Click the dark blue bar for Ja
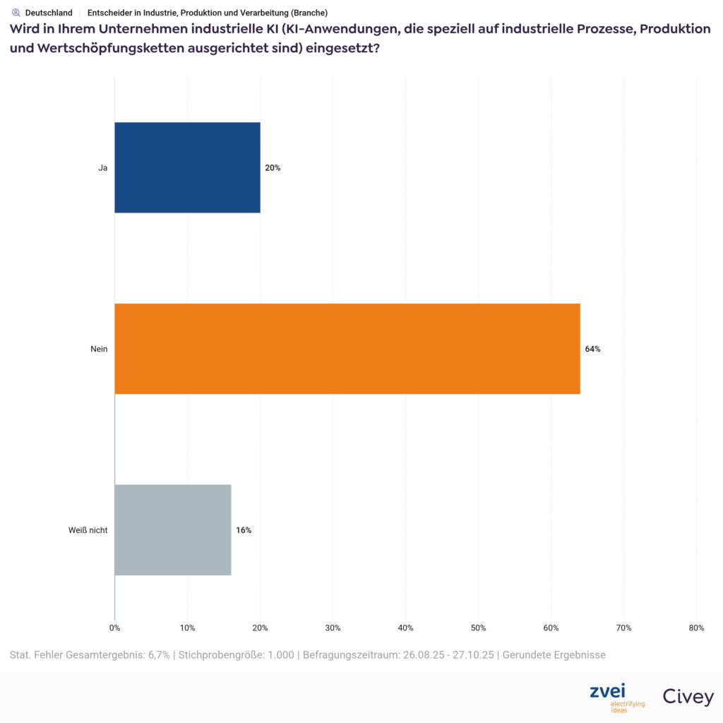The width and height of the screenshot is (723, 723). pyautogui.click(x=187, y=167)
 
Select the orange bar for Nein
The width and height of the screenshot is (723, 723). pyautogui.click(x=347, y=349)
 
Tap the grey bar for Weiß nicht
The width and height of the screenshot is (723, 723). pyautogui.click(x=172, y=530)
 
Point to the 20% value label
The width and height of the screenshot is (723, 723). pyautogui.click(x=273, y=168)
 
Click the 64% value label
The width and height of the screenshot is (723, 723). pyautogui.click(x=592, y=349)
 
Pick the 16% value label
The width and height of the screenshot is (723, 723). pyautogui.click(x=244, y=530)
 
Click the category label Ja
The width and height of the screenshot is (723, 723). pyautogui.click(x=102, y=168)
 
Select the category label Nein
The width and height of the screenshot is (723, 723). pyautogui.click(x=98, y=349)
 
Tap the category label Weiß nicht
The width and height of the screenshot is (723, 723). pyautogui.click(x=83, y=530)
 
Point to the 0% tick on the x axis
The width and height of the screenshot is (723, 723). pyautogui.click(x=114, y=628)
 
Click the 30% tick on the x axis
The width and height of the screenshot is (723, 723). pyautogui.click(x=333, y=628)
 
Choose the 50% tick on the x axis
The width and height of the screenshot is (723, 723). pyautogui.click(x=478, y=628)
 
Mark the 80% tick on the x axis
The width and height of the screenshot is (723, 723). pyautogui.click(x=695, y=628)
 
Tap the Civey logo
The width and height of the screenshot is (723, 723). pyautogui.click(x=688, y=697)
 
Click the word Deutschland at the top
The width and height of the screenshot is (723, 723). pyautogui.click(x=49, y=13)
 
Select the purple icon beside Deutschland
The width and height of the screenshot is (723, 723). pyautogui.click(x=16, y=13)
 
